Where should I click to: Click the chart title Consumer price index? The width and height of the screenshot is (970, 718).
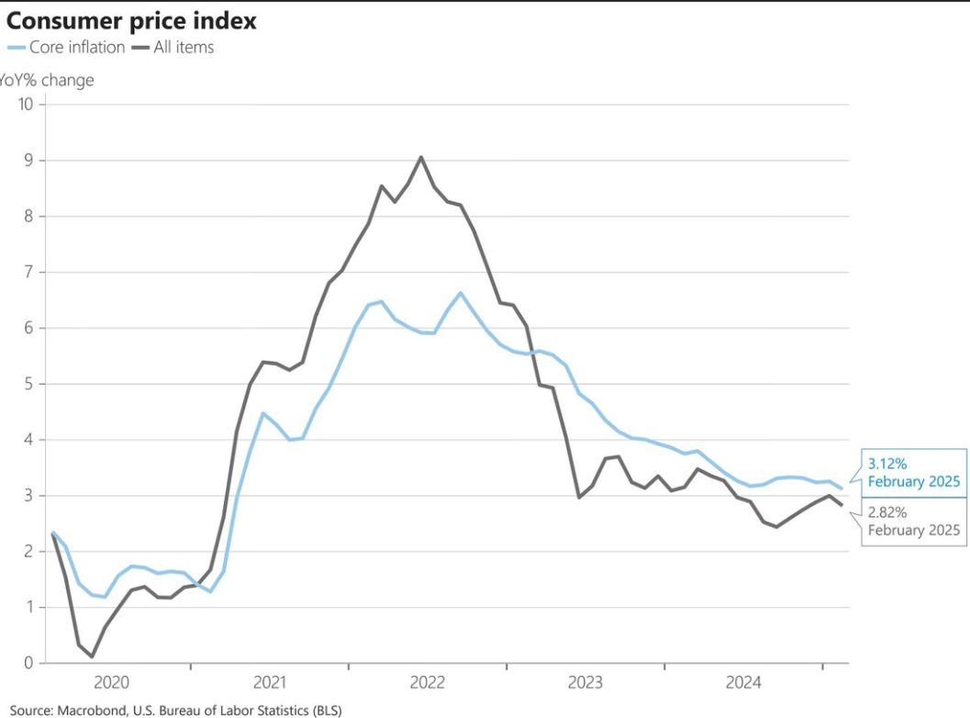(x=131, y=21)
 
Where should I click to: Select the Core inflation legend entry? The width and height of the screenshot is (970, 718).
(x=66, y=47)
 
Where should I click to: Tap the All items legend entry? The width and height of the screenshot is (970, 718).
(x=173, y=47)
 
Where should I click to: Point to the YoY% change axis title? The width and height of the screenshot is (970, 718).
(x=47, y=81)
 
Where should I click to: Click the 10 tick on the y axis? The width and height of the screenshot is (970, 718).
(x=26, y=104)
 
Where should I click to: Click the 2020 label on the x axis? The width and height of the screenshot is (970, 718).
(x=111, y=683)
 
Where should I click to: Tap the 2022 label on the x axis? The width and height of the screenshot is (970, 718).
(x=428, y=683)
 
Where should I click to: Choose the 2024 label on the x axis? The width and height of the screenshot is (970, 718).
(x=743, y=683)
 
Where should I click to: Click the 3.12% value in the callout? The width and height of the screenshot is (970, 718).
(x=887, y=464)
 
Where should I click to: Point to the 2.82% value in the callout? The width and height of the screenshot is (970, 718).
(x=887, y=512)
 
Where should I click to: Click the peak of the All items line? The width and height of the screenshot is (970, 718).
(x=421, y=157)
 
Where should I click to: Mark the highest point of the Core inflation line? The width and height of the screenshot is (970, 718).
(x=461, y=293)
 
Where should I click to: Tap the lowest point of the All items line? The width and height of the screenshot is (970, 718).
(x=92, y=656)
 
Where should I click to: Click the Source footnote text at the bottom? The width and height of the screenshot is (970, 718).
(x=175, y=711)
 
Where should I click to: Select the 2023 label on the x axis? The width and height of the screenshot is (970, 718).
(x=585, y=683)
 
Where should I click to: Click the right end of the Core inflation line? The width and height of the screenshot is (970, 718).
(x=842, y=489)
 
